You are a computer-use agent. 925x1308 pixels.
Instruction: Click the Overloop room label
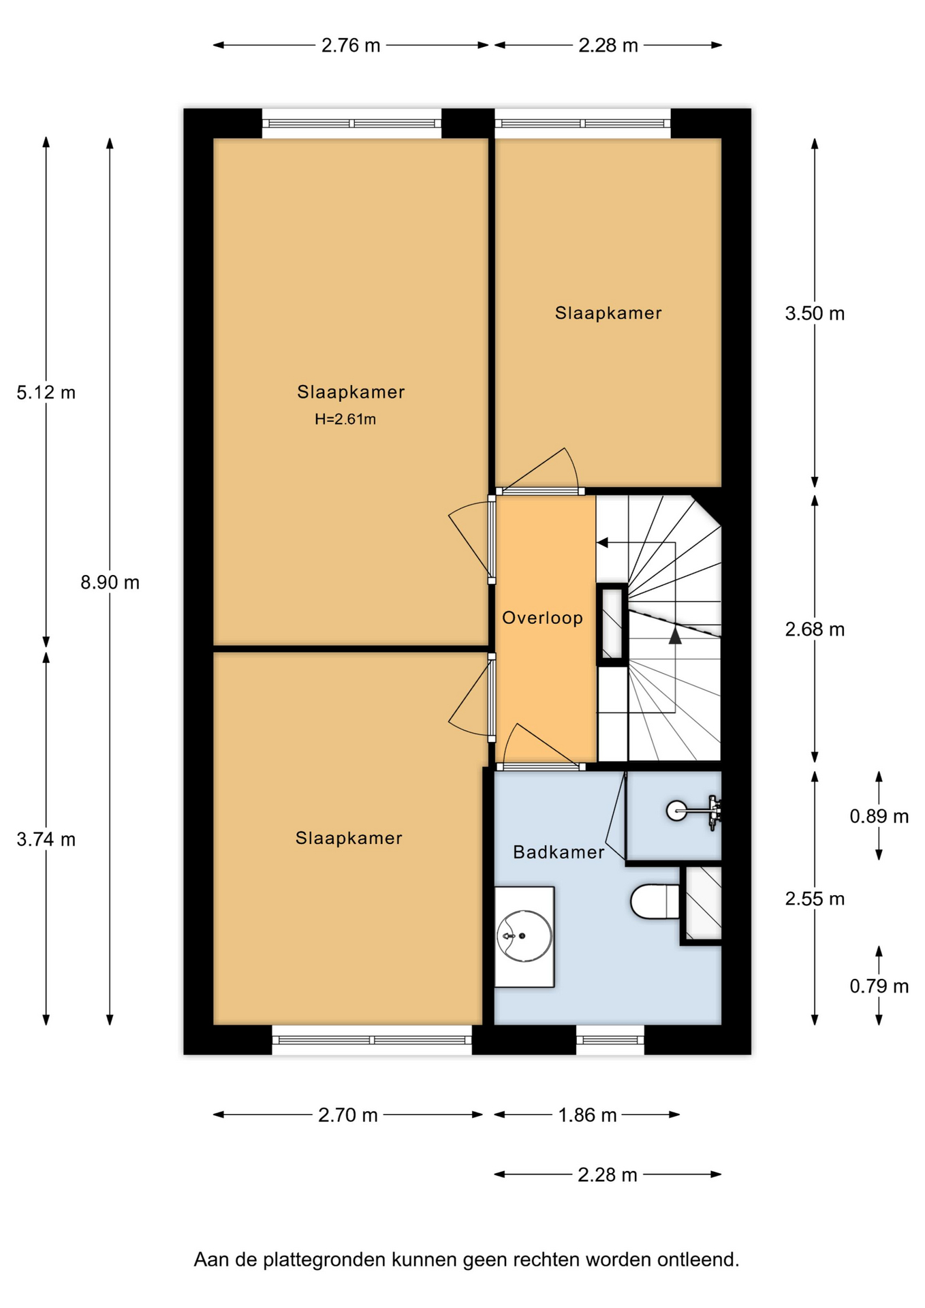pos(542,618)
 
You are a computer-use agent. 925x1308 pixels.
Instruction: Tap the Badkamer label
pos(559,852)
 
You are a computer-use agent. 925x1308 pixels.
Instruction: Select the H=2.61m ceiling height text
pos(345,419)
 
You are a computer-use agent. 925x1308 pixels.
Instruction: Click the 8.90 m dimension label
pos(110,582)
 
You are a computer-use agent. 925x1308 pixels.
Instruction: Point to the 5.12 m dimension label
pos(46,392)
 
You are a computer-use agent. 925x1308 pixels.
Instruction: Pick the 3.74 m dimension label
pos(46,839)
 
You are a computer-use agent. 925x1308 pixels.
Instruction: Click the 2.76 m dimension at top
pos(351,46)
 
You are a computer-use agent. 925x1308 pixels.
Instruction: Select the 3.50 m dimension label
pos(815,313)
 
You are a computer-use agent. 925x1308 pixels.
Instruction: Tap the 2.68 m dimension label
pos(815,629)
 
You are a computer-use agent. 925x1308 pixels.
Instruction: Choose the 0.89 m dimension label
pos(879,816)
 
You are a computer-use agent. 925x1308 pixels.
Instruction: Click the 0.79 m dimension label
pos(879,986)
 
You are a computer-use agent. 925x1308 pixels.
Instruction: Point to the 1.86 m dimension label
pos(587,1115)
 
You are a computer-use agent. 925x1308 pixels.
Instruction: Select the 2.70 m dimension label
pos(347,1115)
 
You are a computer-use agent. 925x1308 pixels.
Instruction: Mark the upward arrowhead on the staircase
pos(675,636)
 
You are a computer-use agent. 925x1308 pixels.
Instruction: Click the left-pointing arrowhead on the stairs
pos(602,543)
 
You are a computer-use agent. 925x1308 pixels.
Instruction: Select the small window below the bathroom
pos(610,1040)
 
